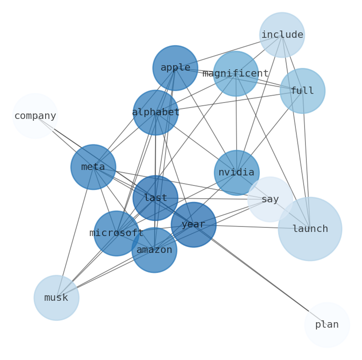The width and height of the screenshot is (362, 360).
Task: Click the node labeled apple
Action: click(x=175, y=68)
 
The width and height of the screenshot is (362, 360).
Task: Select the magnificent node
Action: click(x=236, y=74)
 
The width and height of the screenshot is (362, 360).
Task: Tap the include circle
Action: click(x=282, y=35)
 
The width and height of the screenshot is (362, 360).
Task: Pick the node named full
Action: click(x=302, y=91)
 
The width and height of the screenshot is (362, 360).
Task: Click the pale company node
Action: click(x=35, y=116)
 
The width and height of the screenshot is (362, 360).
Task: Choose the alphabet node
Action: click(x=155, y=112)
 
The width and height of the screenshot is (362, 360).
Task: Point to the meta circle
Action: click(x=93, y=167)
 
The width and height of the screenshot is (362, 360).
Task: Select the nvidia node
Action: click(x=237, y=173)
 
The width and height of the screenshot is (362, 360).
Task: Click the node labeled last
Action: click(x=155, y=198)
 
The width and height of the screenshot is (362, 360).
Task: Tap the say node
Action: click(x=270, y=199)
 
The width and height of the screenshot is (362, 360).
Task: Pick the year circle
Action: click(x=193, y=225)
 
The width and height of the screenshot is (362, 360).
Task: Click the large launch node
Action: click(x=310, y=229)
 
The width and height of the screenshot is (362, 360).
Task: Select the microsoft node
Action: click(x=116, y=233)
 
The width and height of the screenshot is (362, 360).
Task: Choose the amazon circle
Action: click(x=154, y=250)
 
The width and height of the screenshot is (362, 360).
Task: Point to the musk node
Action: click(x=57, y=298)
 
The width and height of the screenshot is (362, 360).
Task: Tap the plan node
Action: click(x=327, y=325)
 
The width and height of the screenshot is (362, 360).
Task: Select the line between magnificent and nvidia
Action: click(x=236, y=123)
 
